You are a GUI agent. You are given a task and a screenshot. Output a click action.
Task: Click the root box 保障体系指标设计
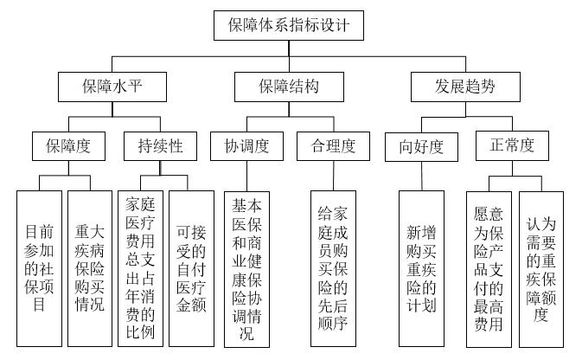(289, 25)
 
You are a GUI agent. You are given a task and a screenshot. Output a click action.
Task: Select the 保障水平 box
(112, 87)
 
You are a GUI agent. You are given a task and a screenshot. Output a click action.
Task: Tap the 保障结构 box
(289, 87)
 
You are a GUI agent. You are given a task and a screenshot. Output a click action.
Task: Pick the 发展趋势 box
(465, 87)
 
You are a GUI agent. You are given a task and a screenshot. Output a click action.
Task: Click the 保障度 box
(68, 146)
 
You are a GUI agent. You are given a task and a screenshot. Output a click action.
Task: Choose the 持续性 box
(160, 146)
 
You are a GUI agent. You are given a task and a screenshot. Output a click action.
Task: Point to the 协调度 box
(246, 146)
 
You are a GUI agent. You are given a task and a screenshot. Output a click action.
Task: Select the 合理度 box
(333, 146)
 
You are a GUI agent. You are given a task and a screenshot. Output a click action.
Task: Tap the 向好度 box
(421, 147)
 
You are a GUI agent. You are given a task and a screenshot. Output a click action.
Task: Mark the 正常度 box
(512, 145)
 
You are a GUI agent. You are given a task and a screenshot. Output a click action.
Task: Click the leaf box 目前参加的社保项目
(39, 268)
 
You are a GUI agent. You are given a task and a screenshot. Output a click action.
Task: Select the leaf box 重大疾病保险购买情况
(90, 268)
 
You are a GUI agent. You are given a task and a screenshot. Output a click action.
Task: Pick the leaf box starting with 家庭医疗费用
(140, 268)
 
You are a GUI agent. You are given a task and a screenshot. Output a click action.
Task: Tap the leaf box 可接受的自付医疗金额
(191, 268)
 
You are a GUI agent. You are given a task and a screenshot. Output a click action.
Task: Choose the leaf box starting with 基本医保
(246, 269)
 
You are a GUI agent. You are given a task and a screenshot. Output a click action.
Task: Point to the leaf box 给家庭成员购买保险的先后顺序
(333, 268)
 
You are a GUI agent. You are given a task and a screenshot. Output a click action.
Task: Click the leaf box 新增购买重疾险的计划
(421, 268)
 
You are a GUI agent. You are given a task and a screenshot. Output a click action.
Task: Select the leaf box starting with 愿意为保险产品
(489, 269)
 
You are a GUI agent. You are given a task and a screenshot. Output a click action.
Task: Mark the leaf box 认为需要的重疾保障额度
(541, 269)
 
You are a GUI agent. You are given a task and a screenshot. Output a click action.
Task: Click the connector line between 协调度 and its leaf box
(246, 176)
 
